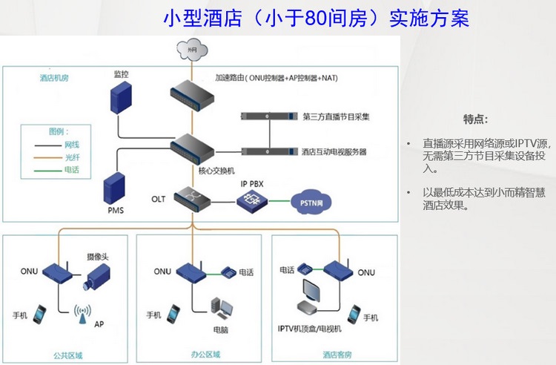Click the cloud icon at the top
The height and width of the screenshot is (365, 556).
(191, 50)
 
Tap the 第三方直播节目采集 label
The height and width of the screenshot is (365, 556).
(337, 117)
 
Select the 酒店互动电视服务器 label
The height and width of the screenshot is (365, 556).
(334, 151)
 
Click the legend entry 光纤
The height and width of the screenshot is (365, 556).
(72, 157)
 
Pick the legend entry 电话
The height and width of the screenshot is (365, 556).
(72, 170)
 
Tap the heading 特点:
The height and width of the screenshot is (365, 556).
(475, 119)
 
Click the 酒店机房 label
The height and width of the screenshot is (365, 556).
(54, 76)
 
